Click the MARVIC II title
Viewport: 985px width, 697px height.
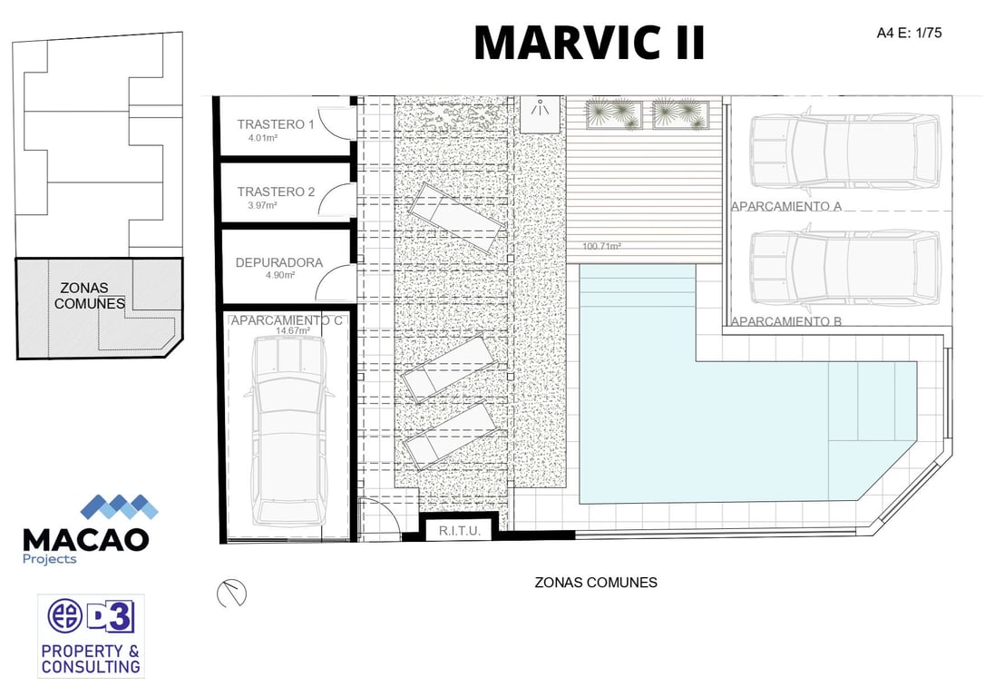pyautogui.click(x=590, y=42)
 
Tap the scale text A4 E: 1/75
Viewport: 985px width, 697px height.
pyautogui.click(x=909, y=33)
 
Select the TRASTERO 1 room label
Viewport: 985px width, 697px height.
pyautogui.click(x=275, y=124)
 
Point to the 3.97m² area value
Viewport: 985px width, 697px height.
pyautogui.click(x=263, y=205)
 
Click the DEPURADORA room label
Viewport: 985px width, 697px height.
pyautogui.click(x=279, y=262)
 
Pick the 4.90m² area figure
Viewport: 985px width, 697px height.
pyautogui.click(x=280, y=275)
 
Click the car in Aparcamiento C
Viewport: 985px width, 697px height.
pyautogui.click(x=289, y=431)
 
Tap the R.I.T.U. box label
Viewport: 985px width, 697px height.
pyautogui.click(x=459, y=531)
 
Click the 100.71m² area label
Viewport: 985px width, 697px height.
pyautogui.click(x=601, y=246)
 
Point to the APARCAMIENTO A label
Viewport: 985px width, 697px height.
pyautogui.click(x=785, y=206)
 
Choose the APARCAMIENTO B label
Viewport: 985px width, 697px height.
pyautogui.click(x=785, y=322)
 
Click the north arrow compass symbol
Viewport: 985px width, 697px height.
pyautogui.click(x=231, y=594)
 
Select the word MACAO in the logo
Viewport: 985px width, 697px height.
pyautogui.click(x=85, y=540)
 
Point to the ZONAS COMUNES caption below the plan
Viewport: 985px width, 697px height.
pyautogui.click(x=596, y=583)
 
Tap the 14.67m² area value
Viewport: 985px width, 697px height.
pyautogui.click(x=293, y=331)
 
